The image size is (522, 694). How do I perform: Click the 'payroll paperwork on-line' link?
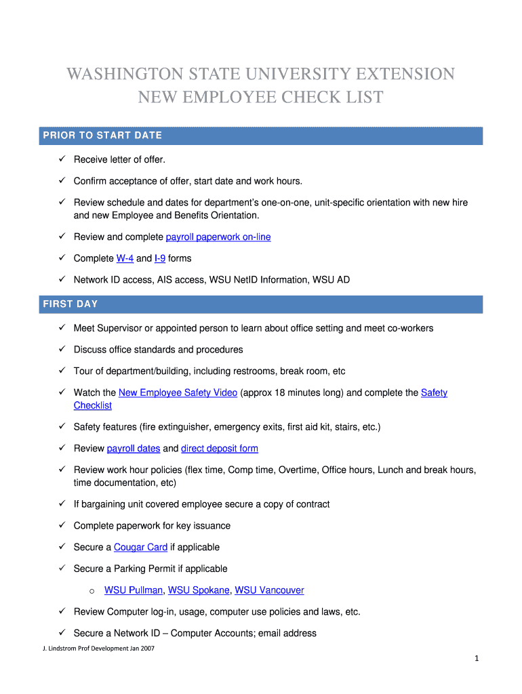218,237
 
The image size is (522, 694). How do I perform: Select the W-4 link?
125,258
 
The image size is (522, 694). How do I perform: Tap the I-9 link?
160,258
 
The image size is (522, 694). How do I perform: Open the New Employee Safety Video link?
178,392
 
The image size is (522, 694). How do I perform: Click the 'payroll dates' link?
134,449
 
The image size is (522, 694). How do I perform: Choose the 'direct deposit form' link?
219,449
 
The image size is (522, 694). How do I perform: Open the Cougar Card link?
140,547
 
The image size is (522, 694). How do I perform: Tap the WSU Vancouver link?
269,590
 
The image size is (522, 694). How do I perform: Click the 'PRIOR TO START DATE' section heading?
102,136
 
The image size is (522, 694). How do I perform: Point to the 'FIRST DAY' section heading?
71,304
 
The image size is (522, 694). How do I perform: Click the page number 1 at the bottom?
477,659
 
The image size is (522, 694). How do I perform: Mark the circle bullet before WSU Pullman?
91,591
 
